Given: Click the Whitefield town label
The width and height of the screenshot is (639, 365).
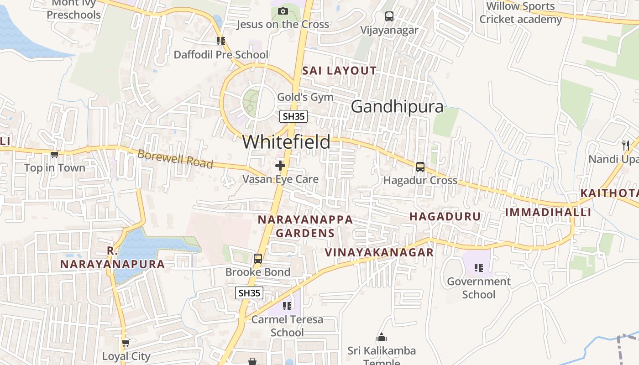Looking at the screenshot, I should click(x=286, y=142).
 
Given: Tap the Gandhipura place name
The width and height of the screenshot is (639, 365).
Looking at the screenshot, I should click(x=397, y=107).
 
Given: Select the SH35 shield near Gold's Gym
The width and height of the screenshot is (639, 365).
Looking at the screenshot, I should click(x=293, y=116).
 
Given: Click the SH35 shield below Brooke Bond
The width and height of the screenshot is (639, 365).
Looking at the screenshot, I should click(x=249, y=293).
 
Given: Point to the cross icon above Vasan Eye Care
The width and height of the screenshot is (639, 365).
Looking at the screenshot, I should click(x=280, y=166).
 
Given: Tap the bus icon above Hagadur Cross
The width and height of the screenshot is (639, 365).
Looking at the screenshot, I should click(x=420, y=167).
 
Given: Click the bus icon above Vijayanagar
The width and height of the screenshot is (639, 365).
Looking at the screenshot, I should click(x=389, y=16).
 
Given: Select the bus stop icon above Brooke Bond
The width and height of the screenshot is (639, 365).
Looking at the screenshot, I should click(x=258, y=259).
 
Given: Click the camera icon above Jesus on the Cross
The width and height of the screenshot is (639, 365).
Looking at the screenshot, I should click(x=283, y=11).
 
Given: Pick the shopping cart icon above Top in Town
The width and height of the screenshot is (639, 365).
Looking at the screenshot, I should click(x=55, y=155).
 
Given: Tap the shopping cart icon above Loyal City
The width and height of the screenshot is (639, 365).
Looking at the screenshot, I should click(x=126, y=343).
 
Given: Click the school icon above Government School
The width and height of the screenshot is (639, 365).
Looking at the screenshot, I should click(x=478, y=268).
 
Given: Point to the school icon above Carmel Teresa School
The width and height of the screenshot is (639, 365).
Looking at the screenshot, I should click(x=287, y=306).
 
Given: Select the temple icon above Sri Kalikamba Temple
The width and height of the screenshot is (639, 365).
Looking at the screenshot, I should click(x=382, y=338).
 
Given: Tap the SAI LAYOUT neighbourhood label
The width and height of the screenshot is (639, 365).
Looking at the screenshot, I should click(x=340, y=71).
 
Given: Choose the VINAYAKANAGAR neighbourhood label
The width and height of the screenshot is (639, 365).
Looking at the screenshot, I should click(x=379, y=252).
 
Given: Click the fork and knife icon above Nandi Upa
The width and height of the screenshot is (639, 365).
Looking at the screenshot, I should click(x=626, y=146).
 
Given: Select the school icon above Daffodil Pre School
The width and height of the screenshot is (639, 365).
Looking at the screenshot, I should click(x=221, y=41).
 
